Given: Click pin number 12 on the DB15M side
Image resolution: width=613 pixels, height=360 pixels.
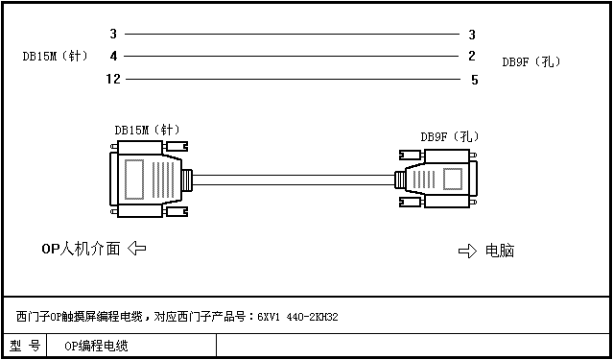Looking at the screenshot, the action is coord(113,80).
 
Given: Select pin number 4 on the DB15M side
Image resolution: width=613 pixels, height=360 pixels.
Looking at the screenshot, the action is coord(113,57).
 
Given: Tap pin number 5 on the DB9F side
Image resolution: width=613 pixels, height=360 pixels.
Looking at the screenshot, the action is coord(474,81).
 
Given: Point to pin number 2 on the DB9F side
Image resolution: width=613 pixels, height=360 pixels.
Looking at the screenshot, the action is coord(472,57).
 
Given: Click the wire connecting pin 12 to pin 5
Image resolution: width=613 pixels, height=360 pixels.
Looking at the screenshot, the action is coord(293,80).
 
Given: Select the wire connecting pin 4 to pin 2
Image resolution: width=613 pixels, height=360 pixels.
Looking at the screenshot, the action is coord(291,57).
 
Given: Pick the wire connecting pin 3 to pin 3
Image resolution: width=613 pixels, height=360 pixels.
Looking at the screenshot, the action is coord(292,34).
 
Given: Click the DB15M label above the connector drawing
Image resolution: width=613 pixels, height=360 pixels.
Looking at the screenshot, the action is coord(147,130).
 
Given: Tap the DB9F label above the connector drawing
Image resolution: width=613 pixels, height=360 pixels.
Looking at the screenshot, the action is coord(450,137).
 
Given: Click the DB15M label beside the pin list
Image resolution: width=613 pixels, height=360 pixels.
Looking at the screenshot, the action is coord(55,57).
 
